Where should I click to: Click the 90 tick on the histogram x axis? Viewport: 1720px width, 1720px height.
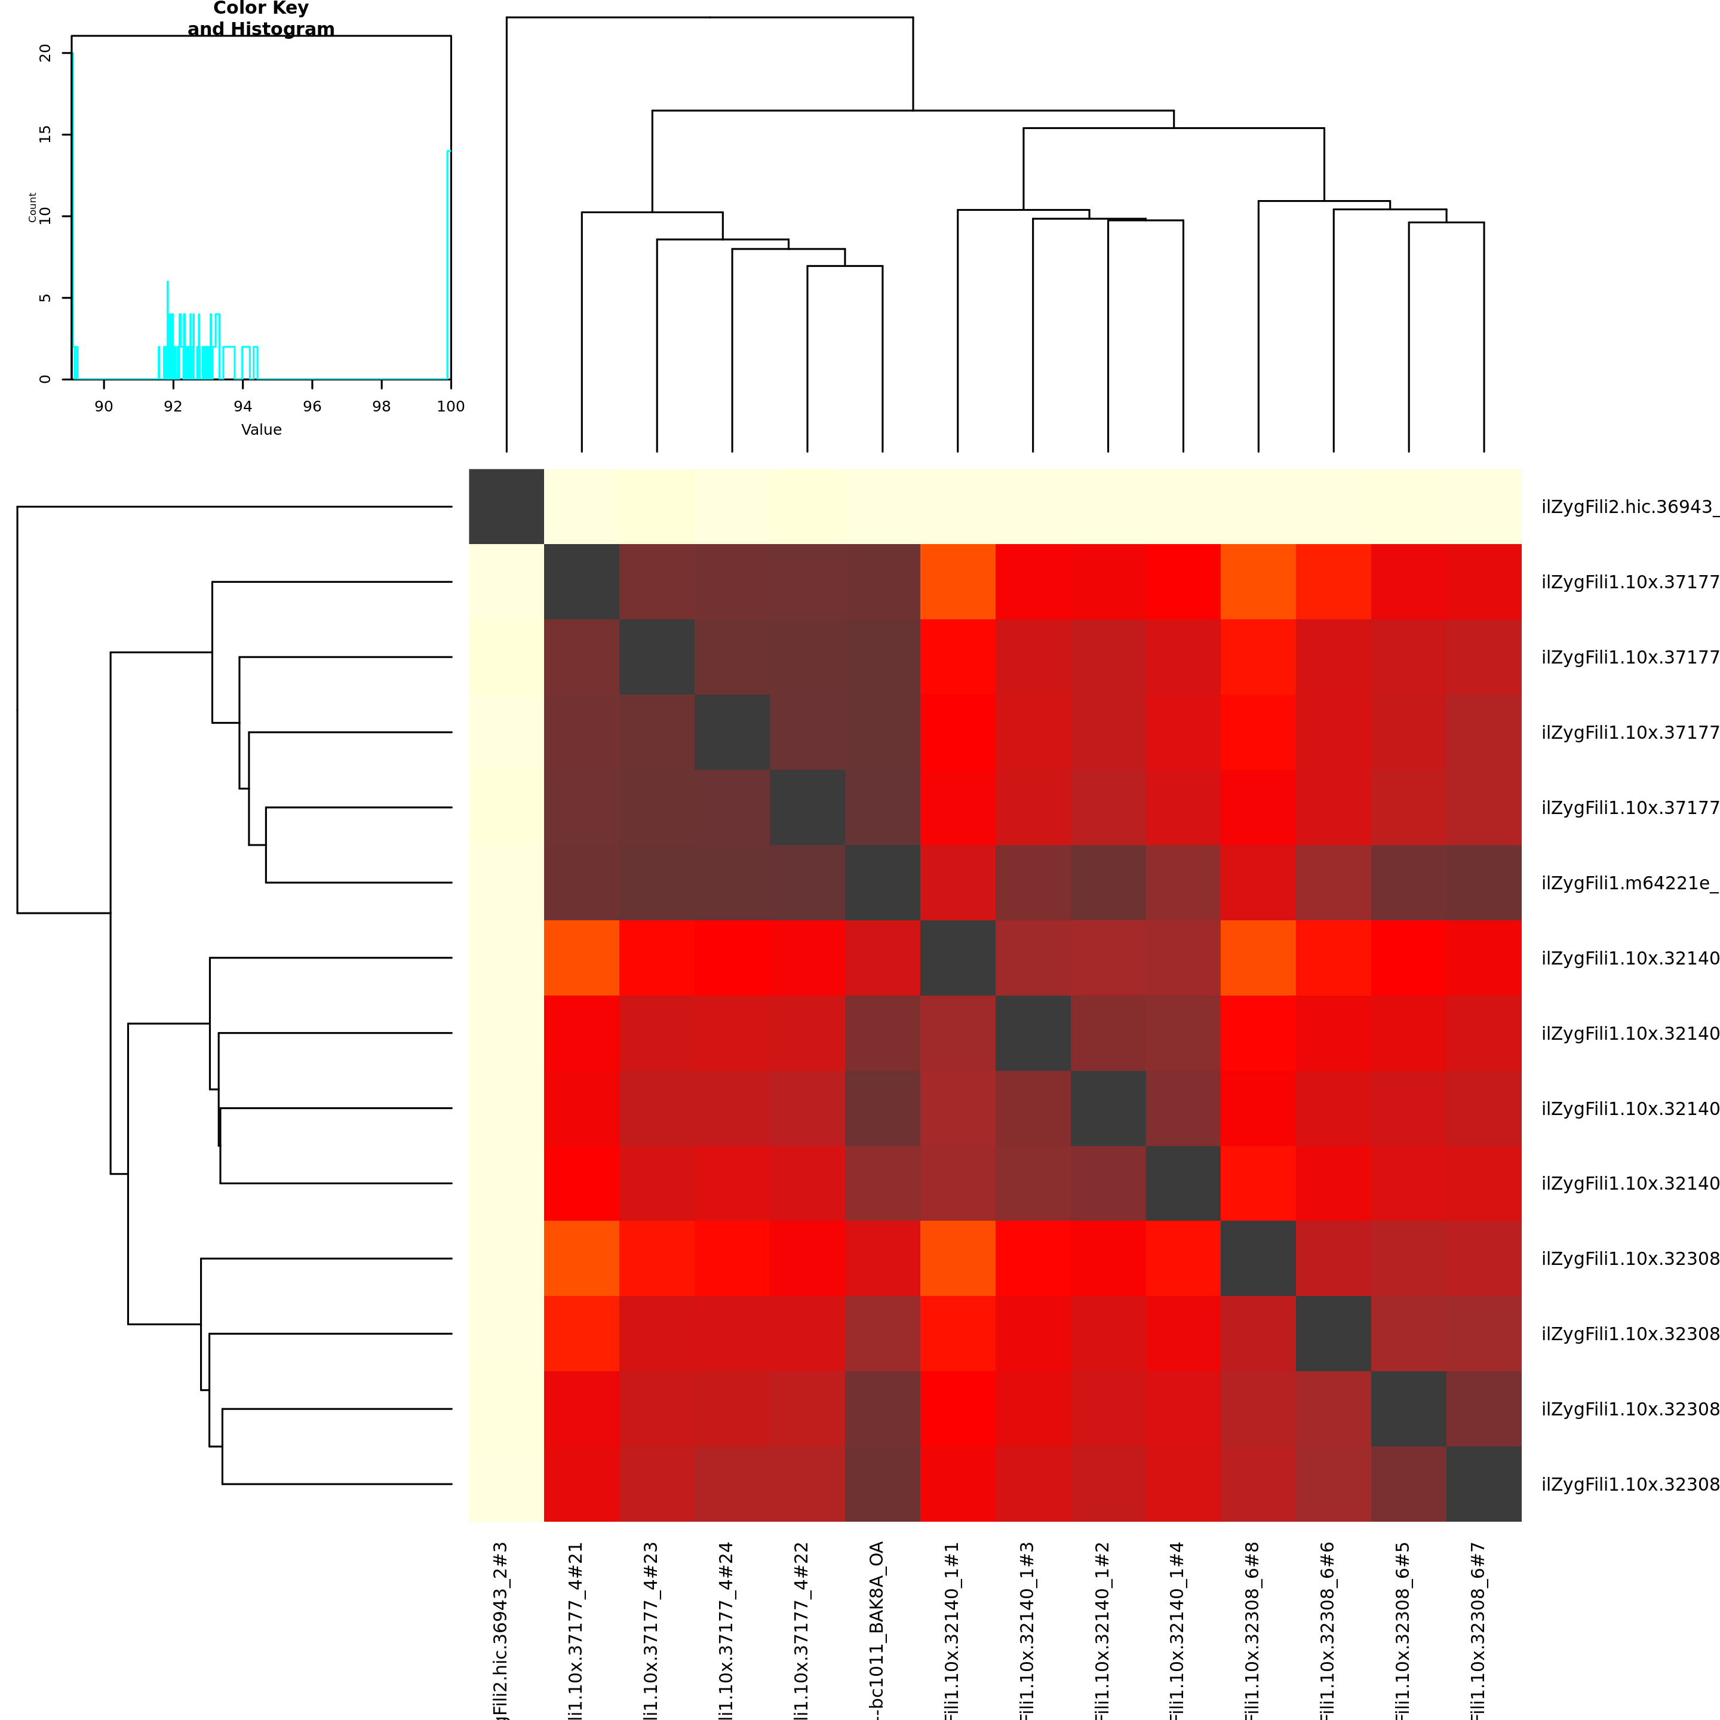(104, 406)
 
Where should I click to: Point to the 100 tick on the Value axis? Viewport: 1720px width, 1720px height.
(450, 406)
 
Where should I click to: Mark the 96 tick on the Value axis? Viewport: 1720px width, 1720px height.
(312, 406)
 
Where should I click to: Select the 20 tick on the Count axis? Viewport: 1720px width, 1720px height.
(45, 53)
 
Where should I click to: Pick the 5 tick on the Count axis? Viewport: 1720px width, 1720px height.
(45, 298)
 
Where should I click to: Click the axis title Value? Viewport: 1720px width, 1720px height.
(261, 430)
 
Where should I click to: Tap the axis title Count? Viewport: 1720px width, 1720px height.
(32, 207)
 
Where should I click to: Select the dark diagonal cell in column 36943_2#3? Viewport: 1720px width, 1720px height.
(506, 506)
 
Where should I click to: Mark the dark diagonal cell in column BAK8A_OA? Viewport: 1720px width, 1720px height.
(882, 882)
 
